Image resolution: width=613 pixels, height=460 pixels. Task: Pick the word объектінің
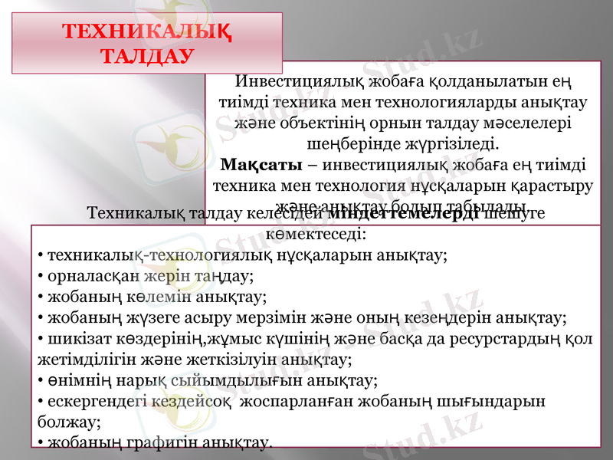326,122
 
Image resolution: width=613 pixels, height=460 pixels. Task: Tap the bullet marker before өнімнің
40,379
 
